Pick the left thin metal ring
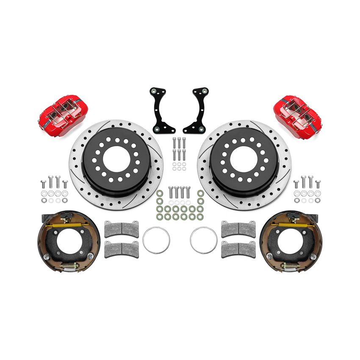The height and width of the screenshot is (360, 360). tap(156, 239)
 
